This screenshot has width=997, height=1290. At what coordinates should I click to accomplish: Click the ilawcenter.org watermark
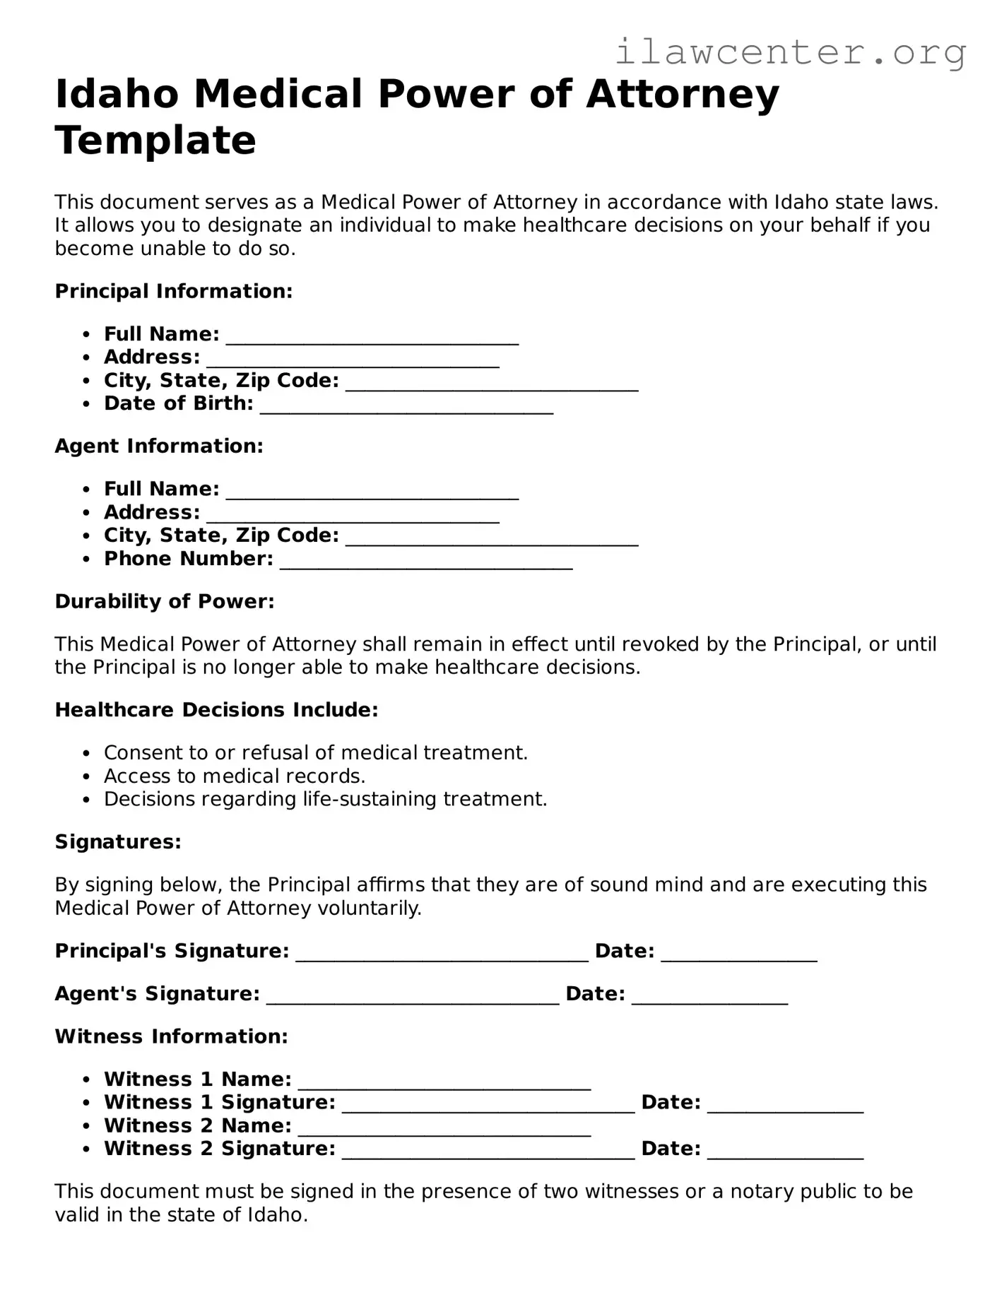click(790, 53)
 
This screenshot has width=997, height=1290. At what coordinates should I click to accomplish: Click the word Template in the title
click(155, 140)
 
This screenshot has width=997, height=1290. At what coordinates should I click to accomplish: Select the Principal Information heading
click(174, 291)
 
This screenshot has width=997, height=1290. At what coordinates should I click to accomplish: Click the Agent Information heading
click(159, 446)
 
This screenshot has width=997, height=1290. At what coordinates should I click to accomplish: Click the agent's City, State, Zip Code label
click(221, 535)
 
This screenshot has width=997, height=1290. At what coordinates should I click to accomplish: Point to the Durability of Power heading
click(165, 601)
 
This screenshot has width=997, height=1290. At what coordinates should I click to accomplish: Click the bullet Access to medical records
click(235, 776)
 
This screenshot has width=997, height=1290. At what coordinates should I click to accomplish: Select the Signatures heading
click(118, 841)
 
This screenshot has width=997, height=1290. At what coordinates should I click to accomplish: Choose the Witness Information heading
click(172, 1036)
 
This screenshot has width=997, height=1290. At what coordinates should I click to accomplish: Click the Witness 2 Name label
click(197, 1125)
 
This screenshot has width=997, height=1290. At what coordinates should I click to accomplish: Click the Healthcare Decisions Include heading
click(217, 709)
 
